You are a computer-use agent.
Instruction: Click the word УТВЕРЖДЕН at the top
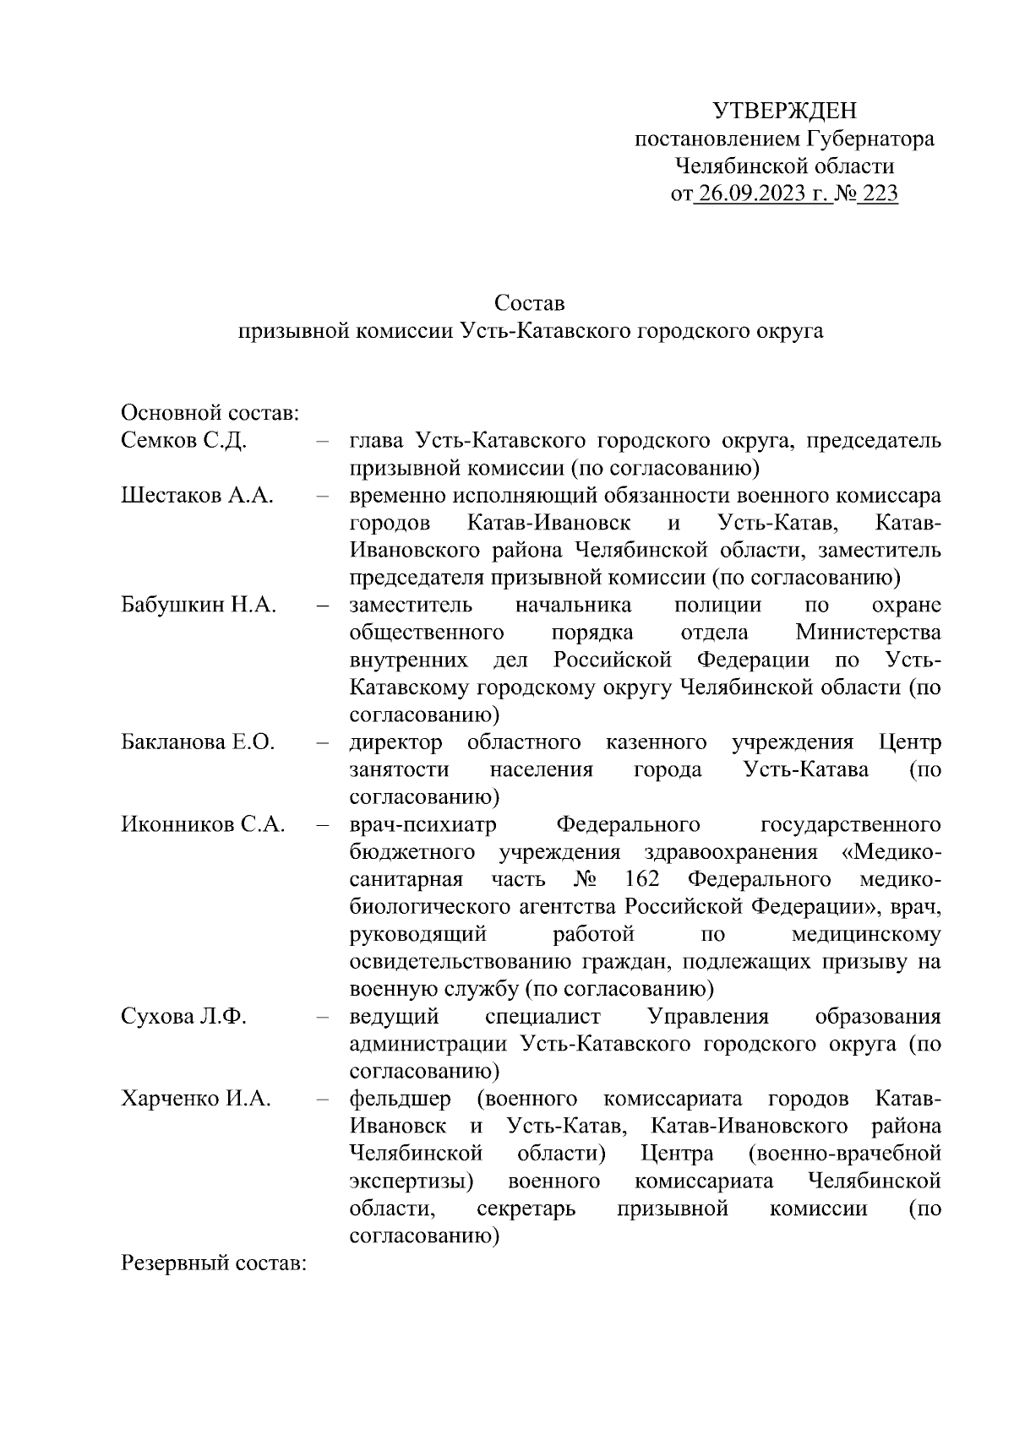point(784,111)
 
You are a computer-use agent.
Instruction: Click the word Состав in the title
point(530,302)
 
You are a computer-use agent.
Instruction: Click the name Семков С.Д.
point(183,441)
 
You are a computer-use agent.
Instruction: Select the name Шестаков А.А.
point(197,496)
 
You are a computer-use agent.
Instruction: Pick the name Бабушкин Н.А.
point(199,605)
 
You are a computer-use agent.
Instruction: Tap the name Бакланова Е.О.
point(198,742)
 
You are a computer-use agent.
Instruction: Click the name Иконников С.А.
point(203,824)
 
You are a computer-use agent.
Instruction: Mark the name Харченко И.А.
point(196,1099)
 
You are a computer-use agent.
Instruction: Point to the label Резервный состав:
point(213,1263)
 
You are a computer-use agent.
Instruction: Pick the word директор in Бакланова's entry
point(395,742)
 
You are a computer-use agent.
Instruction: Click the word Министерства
point(868,633)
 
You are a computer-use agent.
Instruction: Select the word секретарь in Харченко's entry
point(526,1209)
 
